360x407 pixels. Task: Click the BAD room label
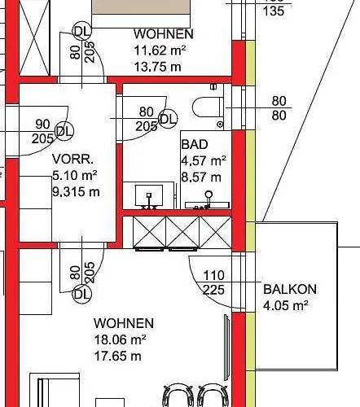(x=195, y=144)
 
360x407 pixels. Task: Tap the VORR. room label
(x=72, y=159)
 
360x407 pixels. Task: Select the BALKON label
(x=290, y=289)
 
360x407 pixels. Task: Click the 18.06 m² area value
(x=120, y=339)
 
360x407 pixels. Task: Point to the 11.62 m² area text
(x=160, y=50)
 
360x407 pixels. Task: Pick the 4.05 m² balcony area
(x=286, y=305)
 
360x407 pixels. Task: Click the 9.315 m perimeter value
(x=76, y=192)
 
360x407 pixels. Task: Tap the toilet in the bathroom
(x=208, y=107)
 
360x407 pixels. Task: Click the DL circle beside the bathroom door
(x=168, y=119)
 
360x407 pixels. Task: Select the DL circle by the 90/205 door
(x=64, y=131)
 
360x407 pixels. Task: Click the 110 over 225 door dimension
(x=214, y=282)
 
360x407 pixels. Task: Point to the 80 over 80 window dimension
(x=279, y=108)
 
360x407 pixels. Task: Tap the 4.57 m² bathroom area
(x=204, y=160)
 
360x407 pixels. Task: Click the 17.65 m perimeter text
(x=117, y=356)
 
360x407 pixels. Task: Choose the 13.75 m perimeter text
(x=157, y=67)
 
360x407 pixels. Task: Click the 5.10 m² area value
(x=75, y=176)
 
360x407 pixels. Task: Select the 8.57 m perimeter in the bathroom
(x=201, y=177)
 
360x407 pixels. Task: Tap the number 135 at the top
(x=274, y=11)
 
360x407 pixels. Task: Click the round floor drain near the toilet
(x=220, y=125)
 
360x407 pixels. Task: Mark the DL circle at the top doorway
(x=82, y=32)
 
